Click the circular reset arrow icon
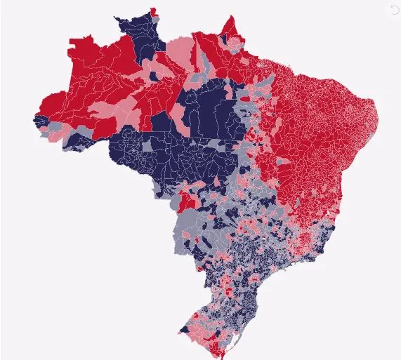(393, 8)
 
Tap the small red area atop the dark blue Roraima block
(154, 11)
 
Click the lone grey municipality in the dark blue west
(147, 146)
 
